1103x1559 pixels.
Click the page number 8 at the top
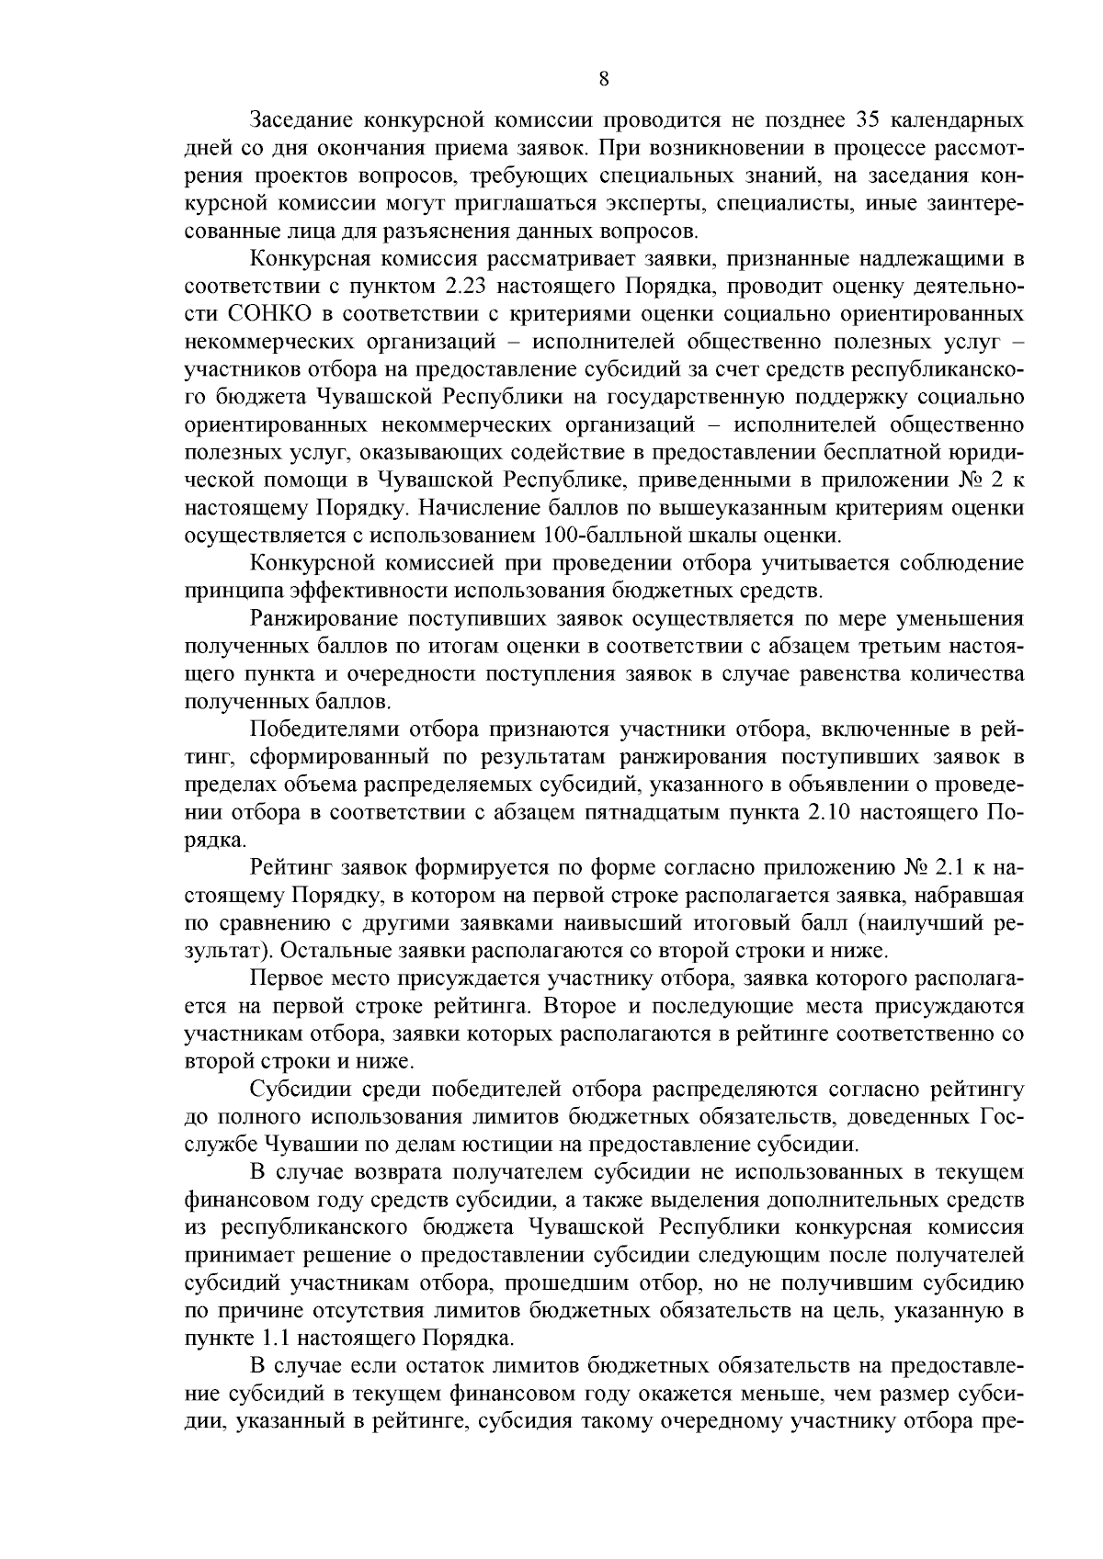(603, 79)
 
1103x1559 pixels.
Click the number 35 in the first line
(870, 120)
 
